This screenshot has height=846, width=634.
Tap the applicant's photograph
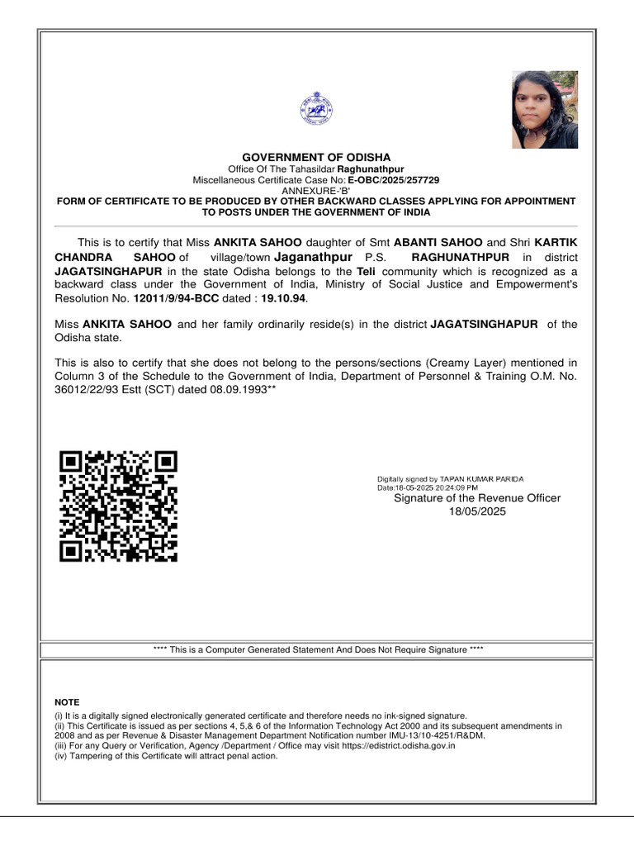coord(545,109)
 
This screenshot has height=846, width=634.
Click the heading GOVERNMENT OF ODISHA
coord(316,157)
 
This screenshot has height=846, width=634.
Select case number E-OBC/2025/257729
coord(393,179)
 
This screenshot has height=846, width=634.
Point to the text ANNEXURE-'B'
coord(316,190)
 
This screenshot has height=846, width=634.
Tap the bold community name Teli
coord(366,271)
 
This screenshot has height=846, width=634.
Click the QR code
coord(119,506)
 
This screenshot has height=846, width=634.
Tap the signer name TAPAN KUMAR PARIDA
coord(481,479)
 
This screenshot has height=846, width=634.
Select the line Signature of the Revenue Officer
coord(477,498)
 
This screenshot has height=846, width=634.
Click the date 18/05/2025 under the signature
coord(477,511)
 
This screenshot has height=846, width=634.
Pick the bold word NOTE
coord(67,702)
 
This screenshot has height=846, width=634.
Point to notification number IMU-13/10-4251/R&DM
coord(430,735)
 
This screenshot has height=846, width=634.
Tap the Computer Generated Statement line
coord(318,650)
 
